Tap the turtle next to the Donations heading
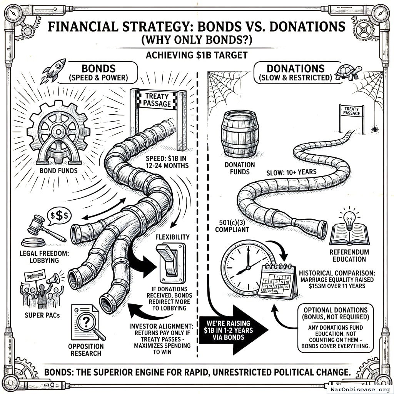348,72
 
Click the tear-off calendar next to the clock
278,281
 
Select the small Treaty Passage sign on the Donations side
352,111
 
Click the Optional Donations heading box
336,313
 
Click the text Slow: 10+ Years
291,172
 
